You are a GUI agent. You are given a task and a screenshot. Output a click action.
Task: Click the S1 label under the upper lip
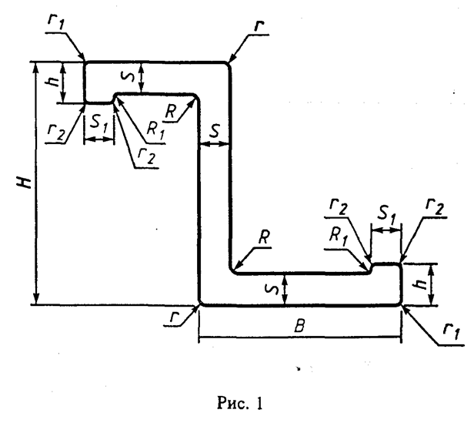point(94,123)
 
